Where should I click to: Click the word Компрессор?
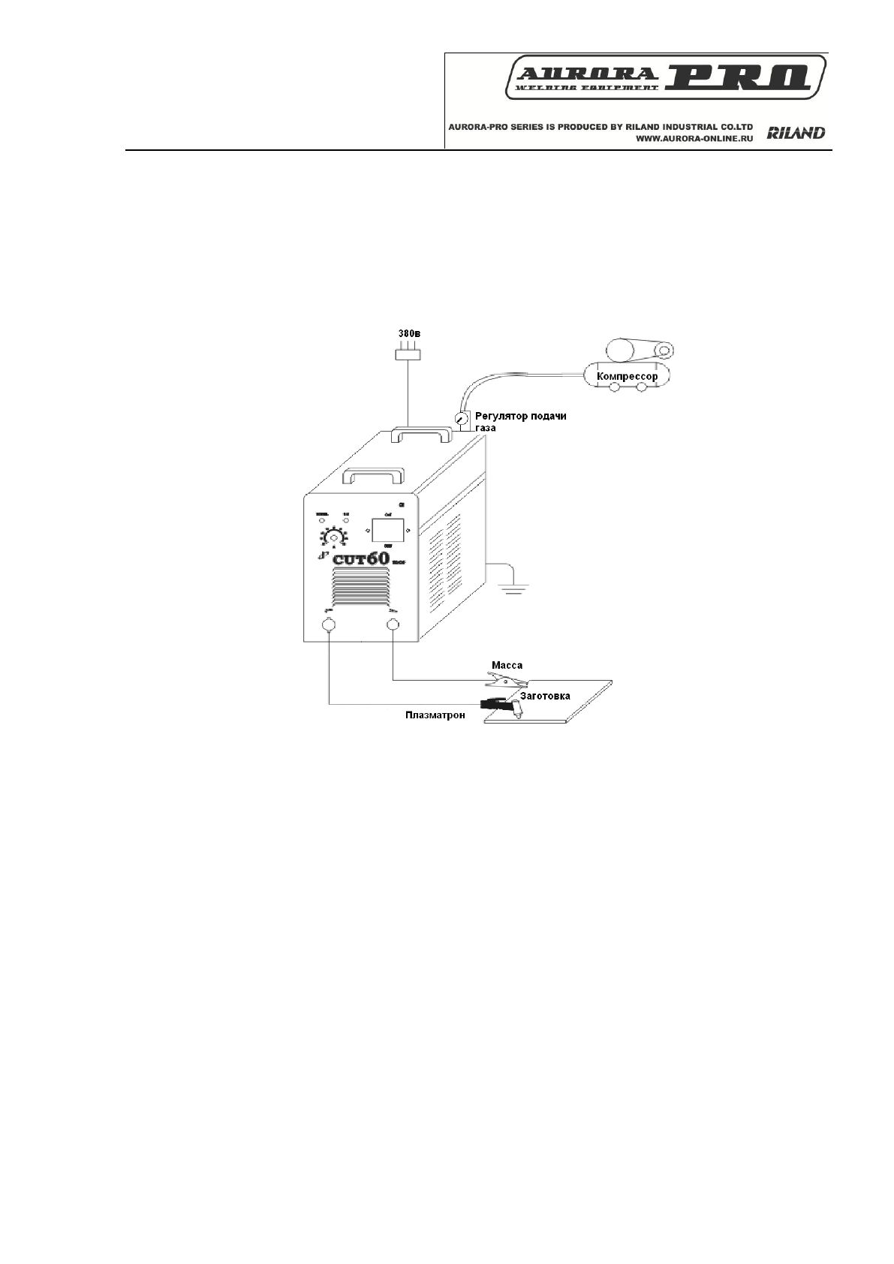627,376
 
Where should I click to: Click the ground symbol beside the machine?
512,587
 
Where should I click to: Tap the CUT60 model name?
361,558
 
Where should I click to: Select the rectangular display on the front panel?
387,531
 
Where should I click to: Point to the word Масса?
507,665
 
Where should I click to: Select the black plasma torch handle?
493,704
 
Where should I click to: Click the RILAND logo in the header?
796,133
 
